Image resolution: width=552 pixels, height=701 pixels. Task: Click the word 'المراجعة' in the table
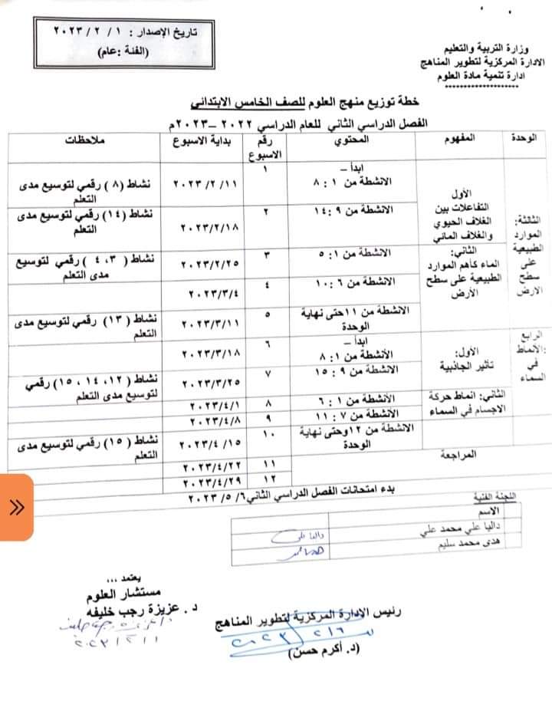[458, 455]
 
